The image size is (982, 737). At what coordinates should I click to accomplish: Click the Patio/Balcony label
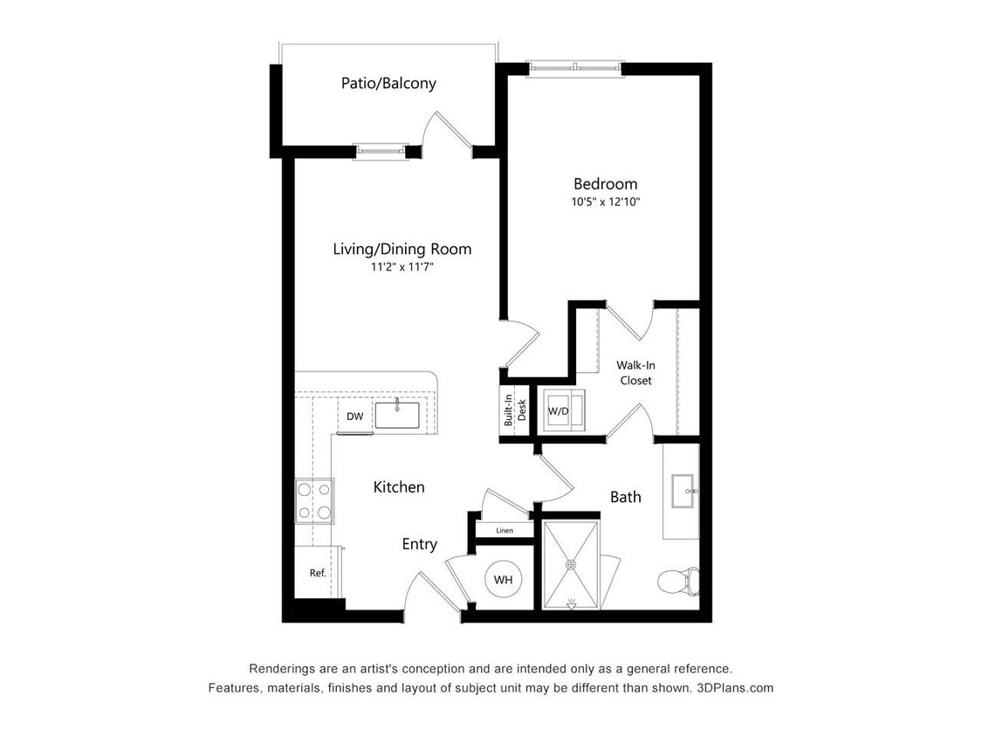(x=388, y=84)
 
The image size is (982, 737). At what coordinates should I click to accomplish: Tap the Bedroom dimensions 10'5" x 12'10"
(x=605, y=202)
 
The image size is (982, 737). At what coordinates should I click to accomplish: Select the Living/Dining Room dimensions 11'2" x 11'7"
(x=402, y=267)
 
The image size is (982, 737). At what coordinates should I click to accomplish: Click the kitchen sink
(x=397, y=414)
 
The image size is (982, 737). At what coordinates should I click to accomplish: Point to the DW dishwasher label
(x=354, y=417)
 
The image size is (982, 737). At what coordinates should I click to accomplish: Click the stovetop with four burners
(x=314, y=501)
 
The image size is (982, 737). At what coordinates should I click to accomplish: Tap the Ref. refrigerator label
(x=318, y=574)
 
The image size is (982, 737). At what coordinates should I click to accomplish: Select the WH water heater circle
(x=503, y=580)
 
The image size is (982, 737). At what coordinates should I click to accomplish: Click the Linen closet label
(x=504, y=530)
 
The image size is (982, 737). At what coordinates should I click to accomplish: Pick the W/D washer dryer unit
(x=559, y=410)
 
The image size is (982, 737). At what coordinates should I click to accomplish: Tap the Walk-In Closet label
(x=635, y=373)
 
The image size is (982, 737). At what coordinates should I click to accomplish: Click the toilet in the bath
(x=678, y=580)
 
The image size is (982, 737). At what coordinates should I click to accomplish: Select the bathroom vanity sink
(x=683, y=491)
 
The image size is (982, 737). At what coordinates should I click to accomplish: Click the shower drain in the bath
(x=572, y=565)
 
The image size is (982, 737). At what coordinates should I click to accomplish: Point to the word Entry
(x=419, y=544)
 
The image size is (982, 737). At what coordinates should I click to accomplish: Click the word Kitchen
(x=399, y=487)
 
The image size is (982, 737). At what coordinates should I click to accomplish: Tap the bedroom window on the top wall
(x=575, y=66)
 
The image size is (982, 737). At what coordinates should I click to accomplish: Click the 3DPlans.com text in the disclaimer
(x=735, y=688)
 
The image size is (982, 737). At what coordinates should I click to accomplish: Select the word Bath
(x=625, y=497)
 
